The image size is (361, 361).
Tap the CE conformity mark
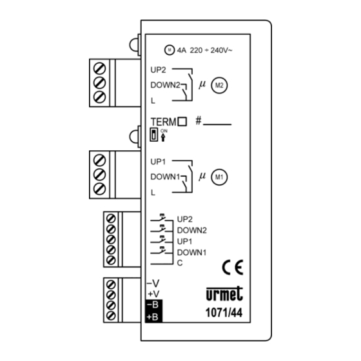pos(233,268)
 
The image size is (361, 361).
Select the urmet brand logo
pos(224,294)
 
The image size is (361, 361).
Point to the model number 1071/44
pos(224,313)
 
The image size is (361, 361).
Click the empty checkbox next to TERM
pos(182,121)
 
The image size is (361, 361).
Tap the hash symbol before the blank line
pos(199,121)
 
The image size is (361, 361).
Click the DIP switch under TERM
pos(154,134)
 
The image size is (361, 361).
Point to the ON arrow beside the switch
pos(163,138)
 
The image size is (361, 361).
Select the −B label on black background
pos(153,305)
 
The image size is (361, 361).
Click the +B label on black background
pos(152,317)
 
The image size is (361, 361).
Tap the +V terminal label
pos(153,294)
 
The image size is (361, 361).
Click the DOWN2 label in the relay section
pos(165,85)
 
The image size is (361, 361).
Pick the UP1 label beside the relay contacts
pos(158,162)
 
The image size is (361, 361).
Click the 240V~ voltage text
pos(222,50)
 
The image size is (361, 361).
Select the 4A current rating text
pos(181,50)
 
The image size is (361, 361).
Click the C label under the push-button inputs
pos(180,263)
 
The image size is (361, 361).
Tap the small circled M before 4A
pos(170,50)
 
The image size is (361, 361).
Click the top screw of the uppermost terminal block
pos(100,68)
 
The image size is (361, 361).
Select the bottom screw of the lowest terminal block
pos(111,315)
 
